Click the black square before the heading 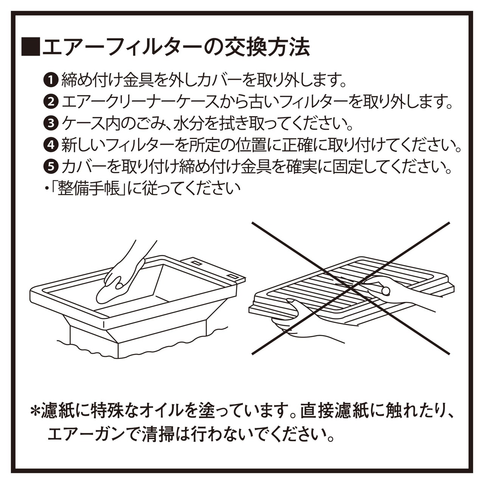click(31, 47)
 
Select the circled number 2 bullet click(50, 101)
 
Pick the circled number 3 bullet click(50, 123)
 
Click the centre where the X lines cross click(351, 288)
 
